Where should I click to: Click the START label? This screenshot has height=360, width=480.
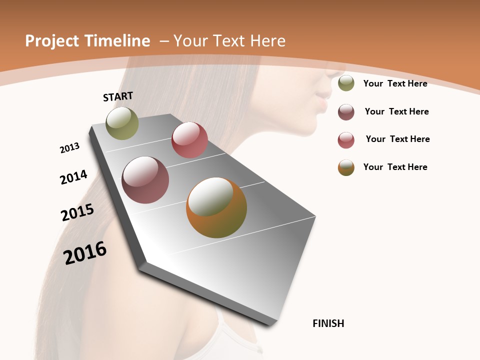(118, 96)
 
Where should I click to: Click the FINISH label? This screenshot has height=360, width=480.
(328, 323)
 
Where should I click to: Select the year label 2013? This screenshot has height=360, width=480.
(69, 148)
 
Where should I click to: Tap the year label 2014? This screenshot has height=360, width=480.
(73, 177)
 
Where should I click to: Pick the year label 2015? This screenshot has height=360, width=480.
(77, 212)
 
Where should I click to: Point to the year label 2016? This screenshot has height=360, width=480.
(85, 252)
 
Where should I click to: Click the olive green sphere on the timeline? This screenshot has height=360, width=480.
(122, 123)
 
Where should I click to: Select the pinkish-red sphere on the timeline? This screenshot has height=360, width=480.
(189, 140)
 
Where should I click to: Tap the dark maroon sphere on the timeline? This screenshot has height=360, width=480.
(145, 180)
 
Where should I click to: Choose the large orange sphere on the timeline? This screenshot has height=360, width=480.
(216, 207)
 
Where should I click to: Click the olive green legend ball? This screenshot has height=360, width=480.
(346, 83)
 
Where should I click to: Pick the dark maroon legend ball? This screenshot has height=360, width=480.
(346, 112)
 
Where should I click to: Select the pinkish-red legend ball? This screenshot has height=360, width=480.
(346, 140)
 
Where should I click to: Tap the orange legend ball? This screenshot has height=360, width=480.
(346, 167)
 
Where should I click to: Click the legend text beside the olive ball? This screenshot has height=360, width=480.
(395, 83)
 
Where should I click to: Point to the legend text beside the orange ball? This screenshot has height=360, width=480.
(395, 167)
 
